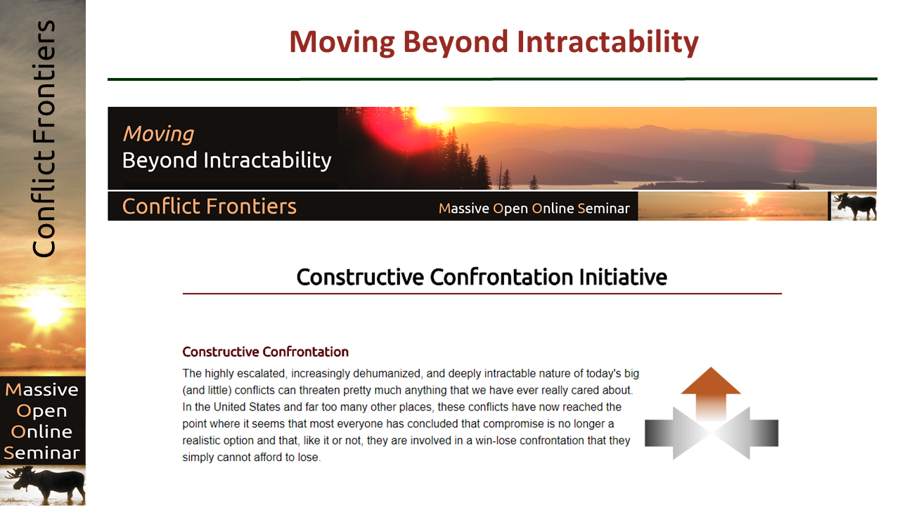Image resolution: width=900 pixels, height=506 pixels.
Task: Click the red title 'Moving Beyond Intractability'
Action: [x=494, y=43]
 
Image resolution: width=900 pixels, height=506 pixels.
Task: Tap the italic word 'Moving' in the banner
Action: [x=158, y=134]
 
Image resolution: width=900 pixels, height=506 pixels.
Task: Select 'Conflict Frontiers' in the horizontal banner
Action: [x=210, y=207]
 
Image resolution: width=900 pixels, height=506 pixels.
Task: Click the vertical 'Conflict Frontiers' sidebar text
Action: [x=44, y=138]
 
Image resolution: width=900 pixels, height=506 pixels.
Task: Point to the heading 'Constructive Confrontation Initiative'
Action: [x=482, y=277]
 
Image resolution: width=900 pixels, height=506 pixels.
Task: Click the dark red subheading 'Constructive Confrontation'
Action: [x=266, y=352]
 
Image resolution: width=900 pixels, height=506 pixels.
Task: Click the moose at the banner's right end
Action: [x=855, y=206]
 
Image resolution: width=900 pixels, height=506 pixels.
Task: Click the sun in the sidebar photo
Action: [x=46, y=309]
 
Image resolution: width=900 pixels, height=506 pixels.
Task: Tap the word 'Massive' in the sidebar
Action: [x=41, y=390]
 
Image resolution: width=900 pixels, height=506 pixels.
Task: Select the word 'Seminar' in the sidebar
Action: [x=41, y=453]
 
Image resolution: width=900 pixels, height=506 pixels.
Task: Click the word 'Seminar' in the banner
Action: [x=603, y=209]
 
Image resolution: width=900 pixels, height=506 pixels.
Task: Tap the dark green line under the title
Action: [x=492, y=79]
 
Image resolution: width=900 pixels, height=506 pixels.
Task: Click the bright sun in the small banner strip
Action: [x=750, y=198]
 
